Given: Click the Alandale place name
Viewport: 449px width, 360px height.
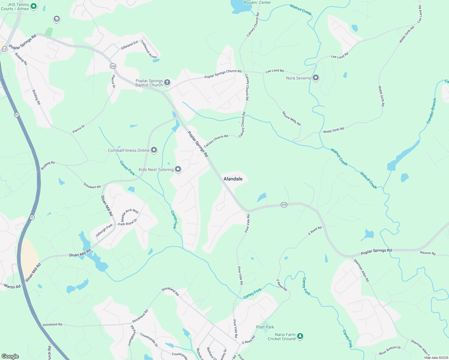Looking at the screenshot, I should click(233, 179).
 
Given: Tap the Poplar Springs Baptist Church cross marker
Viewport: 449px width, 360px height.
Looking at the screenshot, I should click(167, 82).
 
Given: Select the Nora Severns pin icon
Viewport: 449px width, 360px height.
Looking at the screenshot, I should click(315, 78).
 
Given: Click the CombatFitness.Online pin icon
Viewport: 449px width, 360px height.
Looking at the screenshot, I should click(154, 150).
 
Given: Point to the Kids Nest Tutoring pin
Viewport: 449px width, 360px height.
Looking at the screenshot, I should click(178, 169).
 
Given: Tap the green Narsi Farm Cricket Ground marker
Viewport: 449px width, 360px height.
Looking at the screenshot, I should click(300, 336).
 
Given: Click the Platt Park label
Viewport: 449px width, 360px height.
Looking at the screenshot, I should click(265, 327).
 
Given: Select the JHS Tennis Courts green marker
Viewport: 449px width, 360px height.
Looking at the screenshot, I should click(34, 6).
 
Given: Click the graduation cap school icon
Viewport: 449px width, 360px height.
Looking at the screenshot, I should click(56, 19).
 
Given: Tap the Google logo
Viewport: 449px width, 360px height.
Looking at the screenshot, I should click(10, 356).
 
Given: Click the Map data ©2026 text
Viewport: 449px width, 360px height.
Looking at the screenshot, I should click(436, 358).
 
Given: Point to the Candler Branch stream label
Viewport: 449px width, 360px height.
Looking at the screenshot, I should click(431, 111).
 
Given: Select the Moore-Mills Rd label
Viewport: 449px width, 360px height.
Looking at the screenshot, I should click(291, 118).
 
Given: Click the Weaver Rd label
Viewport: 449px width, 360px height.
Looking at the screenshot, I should click(428, 253).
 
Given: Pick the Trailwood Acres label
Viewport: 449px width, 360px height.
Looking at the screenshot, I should click(149, 49).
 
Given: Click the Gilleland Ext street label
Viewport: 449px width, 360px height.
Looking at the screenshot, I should click(129, 45).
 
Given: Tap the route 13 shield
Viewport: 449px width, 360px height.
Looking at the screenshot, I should click(4, 49).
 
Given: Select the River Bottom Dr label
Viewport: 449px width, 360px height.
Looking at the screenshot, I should click(390, 350).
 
